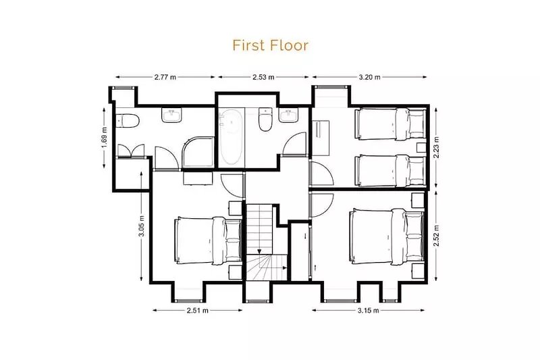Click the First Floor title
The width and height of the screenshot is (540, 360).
pos(271,45)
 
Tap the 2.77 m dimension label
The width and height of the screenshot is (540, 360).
pos(165,77)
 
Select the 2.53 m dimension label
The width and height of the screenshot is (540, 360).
pos(263,77)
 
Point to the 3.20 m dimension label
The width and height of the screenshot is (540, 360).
pos(370,77)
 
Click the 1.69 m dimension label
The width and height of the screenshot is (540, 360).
pos(104,138)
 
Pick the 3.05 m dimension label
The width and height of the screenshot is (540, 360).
pos(141,226)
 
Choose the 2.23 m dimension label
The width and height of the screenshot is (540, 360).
pos(436,147)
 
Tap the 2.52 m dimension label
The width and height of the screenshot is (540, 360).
pos(436,236)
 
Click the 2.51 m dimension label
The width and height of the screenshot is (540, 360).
pos(198,311)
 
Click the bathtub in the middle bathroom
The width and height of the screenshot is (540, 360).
pos(231,137)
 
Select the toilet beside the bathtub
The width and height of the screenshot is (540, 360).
pos(265,119)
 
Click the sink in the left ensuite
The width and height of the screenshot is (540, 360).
pos(171,115)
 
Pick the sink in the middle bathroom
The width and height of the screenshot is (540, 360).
pos(289,115)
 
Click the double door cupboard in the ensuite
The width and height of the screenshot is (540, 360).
pos(131,151)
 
